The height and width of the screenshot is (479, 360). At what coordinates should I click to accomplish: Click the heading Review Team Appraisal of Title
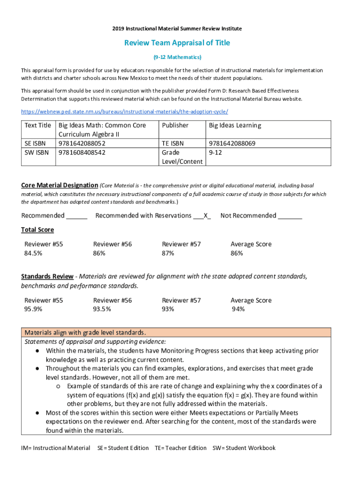click(177, 43)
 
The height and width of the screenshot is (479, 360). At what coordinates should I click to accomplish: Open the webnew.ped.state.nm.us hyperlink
click(124, 112)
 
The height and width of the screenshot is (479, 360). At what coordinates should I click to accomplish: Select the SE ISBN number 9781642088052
click(82, 144)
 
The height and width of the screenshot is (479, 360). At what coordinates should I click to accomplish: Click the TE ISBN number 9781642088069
click(232, 144)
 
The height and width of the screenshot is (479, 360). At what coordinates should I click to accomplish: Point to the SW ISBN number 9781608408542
click(82, 152)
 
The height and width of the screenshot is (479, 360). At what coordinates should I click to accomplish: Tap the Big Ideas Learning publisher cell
click(235, 125)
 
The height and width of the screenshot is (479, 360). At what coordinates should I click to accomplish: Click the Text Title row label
click(38, 125)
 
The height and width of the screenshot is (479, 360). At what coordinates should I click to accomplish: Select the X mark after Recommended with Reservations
click(206, 216)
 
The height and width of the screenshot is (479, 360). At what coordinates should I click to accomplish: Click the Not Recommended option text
click(248, 216)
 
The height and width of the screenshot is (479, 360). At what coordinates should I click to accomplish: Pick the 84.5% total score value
click(34, 254)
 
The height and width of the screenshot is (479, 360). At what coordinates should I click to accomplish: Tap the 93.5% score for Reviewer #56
click(102, 309)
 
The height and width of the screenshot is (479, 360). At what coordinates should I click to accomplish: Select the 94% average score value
click(238, 309)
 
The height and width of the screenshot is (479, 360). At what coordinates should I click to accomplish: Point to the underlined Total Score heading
click(37, 230)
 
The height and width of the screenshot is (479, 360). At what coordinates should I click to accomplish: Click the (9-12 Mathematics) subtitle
click(177, 57)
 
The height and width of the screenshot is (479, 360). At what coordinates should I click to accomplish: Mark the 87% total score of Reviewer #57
click(168, 254)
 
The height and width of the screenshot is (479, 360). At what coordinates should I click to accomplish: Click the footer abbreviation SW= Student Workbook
click(244, 448)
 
